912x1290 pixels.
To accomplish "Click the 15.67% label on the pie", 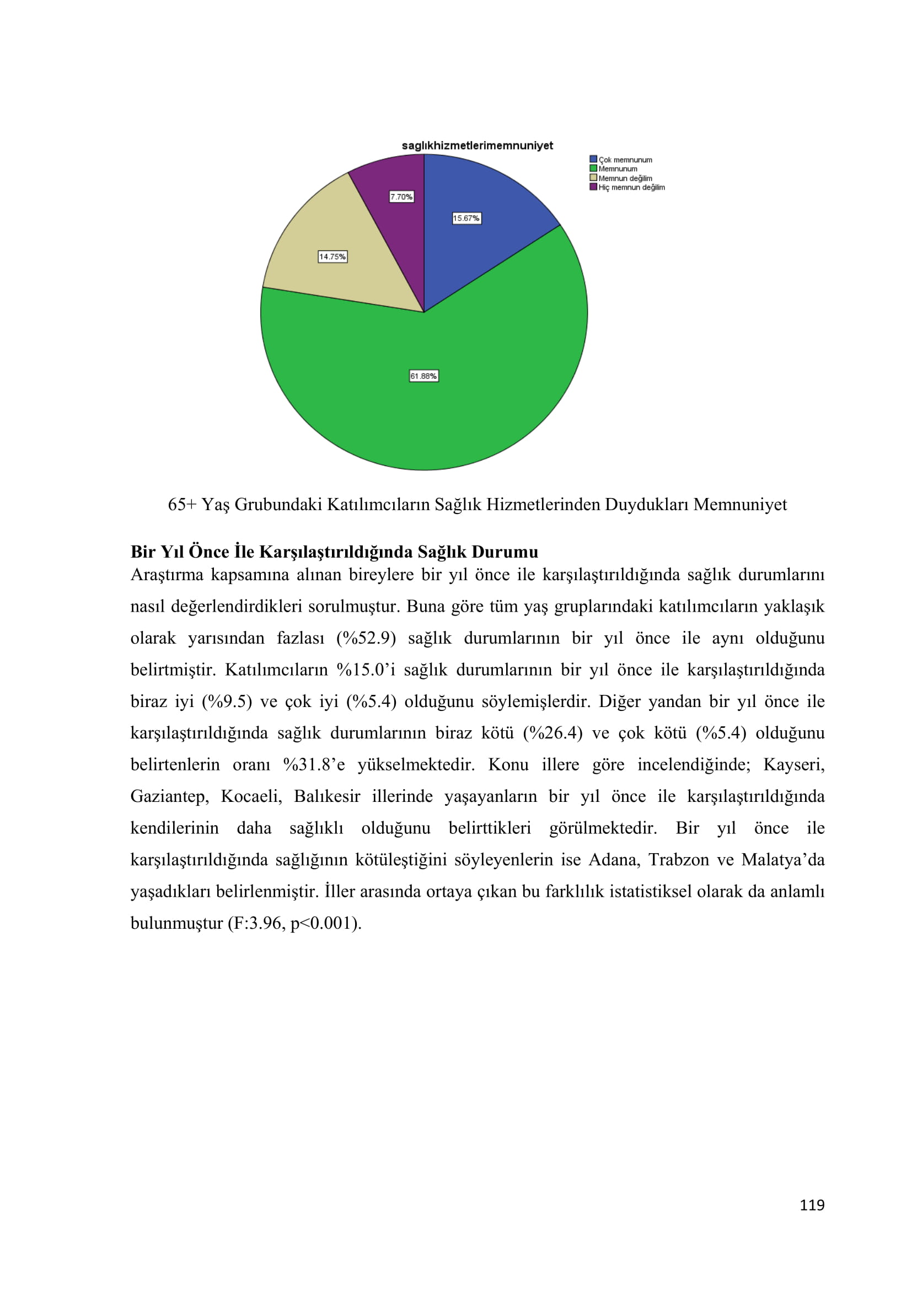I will tap(466, 218).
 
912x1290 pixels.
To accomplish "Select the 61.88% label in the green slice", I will tap(423, 376).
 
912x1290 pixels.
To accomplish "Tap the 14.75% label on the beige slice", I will tap(332, 257).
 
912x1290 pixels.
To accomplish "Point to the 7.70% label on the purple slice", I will tap(401, 197).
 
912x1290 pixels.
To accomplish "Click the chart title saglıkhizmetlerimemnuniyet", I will tap(477, 146).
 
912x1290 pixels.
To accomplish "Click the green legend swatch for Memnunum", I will tap(593, 169).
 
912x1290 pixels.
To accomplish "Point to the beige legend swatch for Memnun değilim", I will tap(593, 178).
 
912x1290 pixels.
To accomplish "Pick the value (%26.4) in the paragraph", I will tap(552, 733).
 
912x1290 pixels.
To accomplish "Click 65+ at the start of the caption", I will tap(181, 505).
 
